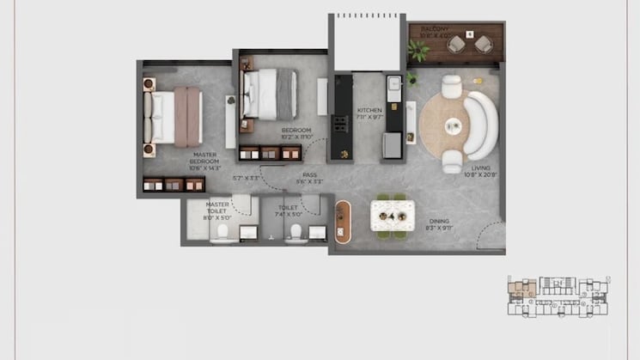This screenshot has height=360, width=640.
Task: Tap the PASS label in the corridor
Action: click(x=309, y=175)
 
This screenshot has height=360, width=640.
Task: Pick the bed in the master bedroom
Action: click(x=175, y=117)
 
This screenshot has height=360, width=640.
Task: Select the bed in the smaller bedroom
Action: click(x=271, y=94)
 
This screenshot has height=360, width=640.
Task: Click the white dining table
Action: click(x=393, y=215)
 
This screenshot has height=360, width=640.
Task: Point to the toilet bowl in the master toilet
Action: click(x=222, y=234)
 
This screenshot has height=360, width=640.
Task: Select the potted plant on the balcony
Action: click(x=419, y=51)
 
